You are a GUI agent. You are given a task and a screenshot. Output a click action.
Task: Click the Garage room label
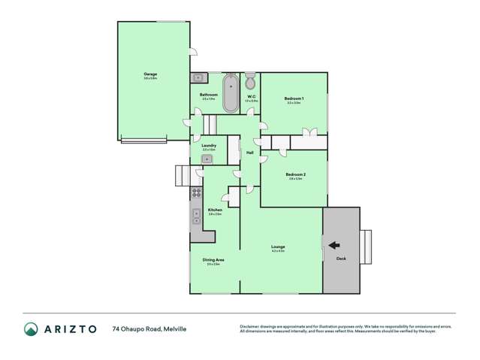(150, 74)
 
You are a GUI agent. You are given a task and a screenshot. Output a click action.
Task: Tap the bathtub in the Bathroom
(231, 92)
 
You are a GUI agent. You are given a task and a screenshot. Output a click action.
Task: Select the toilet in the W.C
(250, 81)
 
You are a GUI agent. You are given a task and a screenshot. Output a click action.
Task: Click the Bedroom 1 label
(293, 98)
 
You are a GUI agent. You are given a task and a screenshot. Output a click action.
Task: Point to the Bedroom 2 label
(295, 174)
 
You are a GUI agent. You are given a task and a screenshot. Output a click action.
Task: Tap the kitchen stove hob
(196, 192)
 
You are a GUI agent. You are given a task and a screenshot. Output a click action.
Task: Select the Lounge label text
(278, 247)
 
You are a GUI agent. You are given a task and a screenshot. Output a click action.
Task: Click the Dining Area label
(214, 260)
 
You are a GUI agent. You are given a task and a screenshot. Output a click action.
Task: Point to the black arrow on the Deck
(333, 244)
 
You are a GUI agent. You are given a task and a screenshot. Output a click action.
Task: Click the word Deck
(341, 259)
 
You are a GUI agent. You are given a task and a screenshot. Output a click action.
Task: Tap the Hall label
(249, 153)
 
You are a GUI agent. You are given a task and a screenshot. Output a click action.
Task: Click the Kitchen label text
(215, 210)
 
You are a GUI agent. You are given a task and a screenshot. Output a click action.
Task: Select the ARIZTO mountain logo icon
(31, 328)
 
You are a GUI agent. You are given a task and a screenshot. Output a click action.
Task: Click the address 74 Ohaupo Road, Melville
(149, 328)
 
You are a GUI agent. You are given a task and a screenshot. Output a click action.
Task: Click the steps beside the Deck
(366, 247)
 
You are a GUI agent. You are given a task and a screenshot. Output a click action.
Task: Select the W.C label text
(252, 95)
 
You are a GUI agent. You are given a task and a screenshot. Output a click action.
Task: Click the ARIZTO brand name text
(72, 328)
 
